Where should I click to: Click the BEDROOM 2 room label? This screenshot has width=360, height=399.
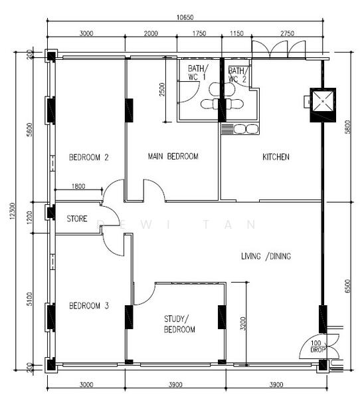tap(89, 158)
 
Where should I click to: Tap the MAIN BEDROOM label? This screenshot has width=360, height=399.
tap(173, 157)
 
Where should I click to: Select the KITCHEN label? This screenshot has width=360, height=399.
tap(276, 158)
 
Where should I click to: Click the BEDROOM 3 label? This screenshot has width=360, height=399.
tap(89, 307)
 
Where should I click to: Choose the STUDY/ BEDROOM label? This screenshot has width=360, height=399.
tap(180, 325)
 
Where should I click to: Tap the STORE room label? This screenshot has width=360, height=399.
tap(79, 218)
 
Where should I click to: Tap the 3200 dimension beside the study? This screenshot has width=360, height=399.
tap(244, 324)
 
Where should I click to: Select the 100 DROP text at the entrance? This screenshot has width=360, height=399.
tap(316, 346)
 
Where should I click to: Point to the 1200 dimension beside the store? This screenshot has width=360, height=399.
tap(29, 217)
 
